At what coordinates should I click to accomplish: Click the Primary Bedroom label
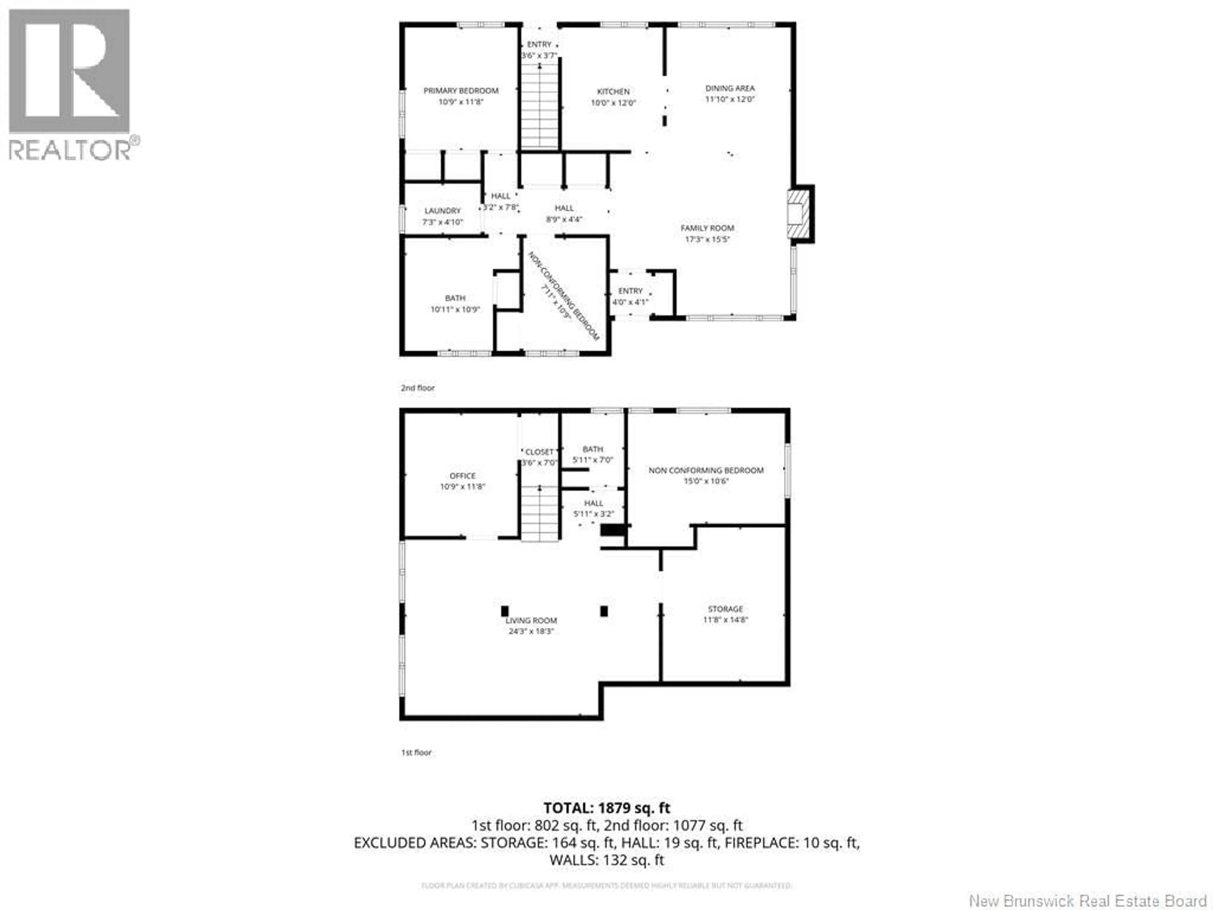(x=461, y=90)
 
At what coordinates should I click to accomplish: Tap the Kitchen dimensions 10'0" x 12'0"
(x=613, y=103)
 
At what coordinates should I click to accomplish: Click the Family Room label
(x=707, y=227)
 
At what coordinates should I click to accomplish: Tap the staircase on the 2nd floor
(x=540, y=107)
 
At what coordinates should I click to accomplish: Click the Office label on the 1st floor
(x=462, y=476)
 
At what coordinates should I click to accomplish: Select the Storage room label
(x=725, y=609)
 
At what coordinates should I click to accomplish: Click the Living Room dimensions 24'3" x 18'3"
(x=531, y=631)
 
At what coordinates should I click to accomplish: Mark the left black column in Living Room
(x=504, y=610)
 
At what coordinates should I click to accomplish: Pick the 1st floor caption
(x=416, y=753)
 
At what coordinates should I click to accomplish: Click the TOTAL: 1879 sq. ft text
(x=606, y=808)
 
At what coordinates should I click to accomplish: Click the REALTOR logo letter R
(x=69, y=71)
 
